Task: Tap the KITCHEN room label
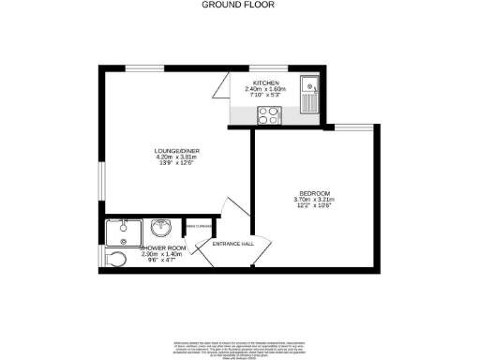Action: click(262, 83)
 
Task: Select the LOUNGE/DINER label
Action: click(173, 151)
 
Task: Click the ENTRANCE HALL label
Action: click(233, 244)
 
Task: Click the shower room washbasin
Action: click(160, 228)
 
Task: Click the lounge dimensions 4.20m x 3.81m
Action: click(173, 157)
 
